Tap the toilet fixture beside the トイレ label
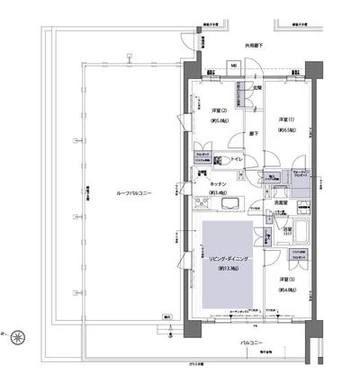225,160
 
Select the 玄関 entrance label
256,87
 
